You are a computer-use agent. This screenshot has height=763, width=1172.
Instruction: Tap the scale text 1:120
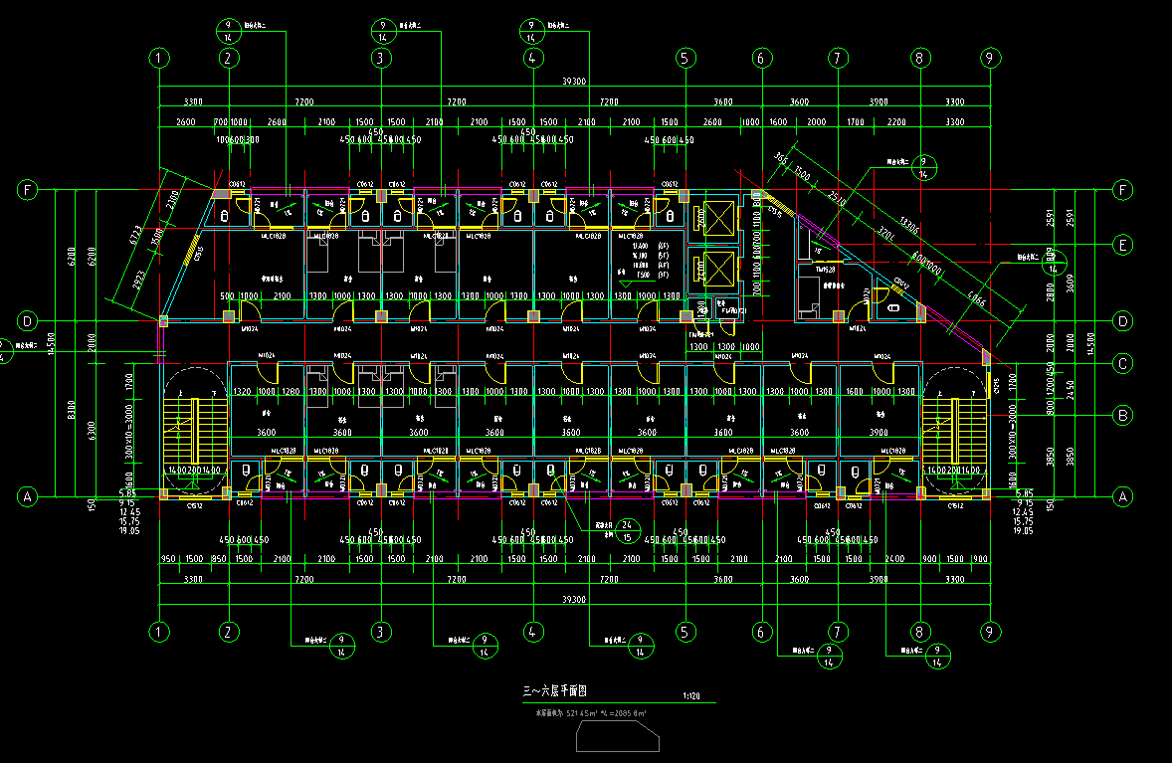[692, 696]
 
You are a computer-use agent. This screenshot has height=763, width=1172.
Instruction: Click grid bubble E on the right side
[1123, 245]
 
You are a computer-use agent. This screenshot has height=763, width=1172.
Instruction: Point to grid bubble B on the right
[1123, 414]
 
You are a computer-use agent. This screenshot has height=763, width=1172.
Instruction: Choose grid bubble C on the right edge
[1123, 364]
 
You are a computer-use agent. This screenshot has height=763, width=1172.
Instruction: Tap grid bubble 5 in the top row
[684, 59]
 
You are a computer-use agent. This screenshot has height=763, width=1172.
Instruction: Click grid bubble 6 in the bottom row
[762, 631]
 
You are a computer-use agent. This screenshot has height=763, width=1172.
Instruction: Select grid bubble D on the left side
[28, 321]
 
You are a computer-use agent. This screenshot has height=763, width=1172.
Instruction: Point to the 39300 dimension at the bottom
[575, 599]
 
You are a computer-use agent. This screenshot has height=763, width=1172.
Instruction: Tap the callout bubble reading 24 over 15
[627, 531]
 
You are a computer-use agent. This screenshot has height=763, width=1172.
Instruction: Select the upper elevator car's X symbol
[716, 215]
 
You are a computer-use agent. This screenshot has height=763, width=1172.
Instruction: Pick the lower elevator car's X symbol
[716, 266]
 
